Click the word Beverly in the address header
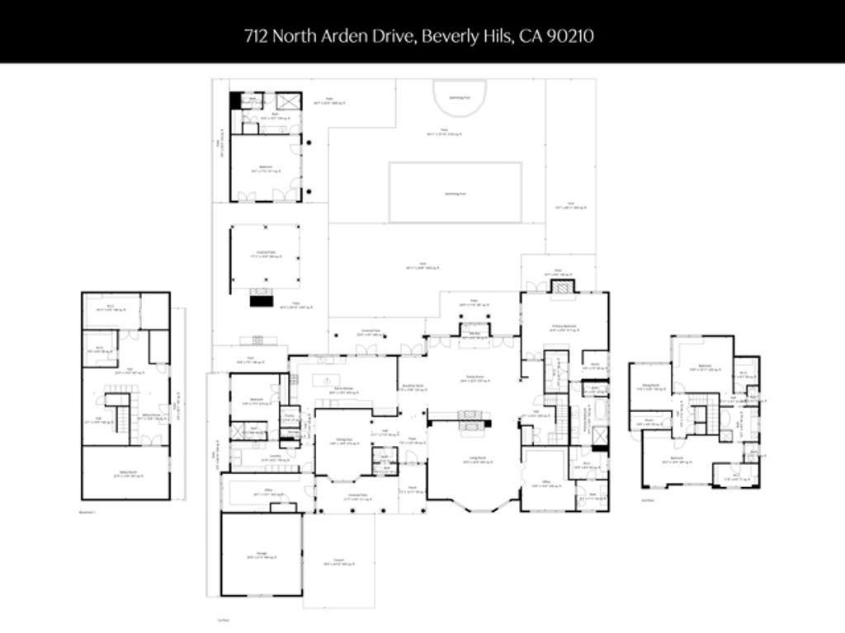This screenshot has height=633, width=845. pyautogui.click(x=444, y=35)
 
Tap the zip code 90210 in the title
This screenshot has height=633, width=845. pyautogui.click(x=574, y=35)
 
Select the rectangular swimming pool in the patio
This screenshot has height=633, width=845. pyautogui.click(x=455, y=192)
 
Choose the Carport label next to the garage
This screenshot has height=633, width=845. pyautogui.click(x=338, y=564)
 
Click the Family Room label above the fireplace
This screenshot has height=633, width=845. pyautogui.click(x=472, y=380)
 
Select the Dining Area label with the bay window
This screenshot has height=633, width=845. pyautogui.click(x=334, y=440)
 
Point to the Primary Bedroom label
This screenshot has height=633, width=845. pyautogui.click(x=563, y=327)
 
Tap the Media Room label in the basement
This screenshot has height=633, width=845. pyautogui.click(x=125, y=473)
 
